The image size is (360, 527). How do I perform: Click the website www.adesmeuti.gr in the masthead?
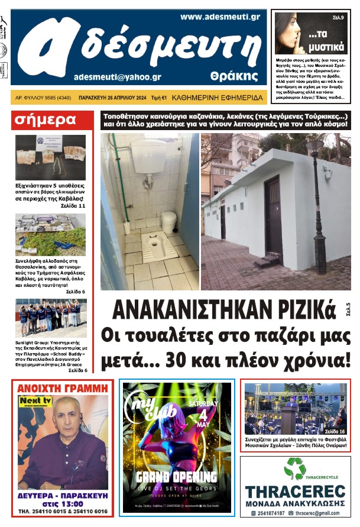220,17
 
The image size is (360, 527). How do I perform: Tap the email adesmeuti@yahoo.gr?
118,77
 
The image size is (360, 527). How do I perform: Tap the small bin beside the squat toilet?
168,222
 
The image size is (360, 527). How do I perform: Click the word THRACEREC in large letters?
295,492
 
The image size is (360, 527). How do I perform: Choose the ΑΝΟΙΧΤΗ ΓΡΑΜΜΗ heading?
63,388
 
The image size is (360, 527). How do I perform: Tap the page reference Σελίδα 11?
73,206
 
